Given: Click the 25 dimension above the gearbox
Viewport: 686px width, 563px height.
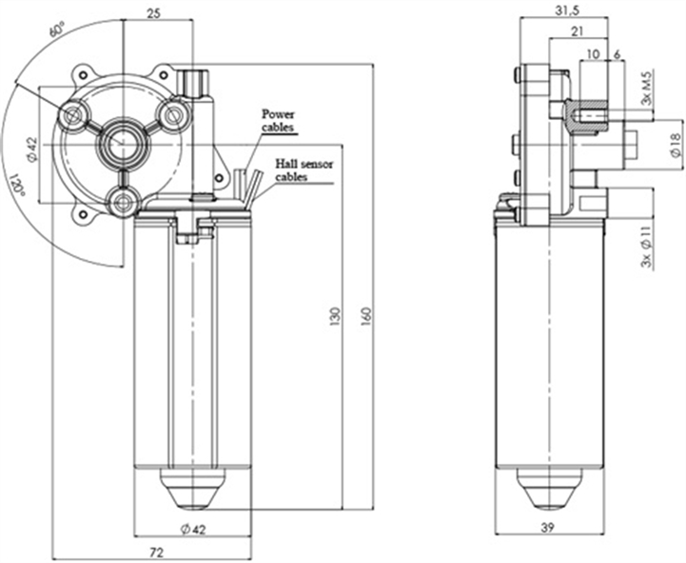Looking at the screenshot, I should pos(153,11).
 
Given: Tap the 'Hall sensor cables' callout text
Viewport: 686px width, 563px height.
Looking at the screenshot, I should pos(303,171).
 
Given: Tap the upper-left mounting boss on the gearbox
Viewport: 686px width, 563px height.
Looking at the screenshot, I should pos(72,115).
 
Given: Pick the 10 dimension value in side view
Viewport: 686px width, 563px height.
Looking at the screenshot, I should pos(593,55).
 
